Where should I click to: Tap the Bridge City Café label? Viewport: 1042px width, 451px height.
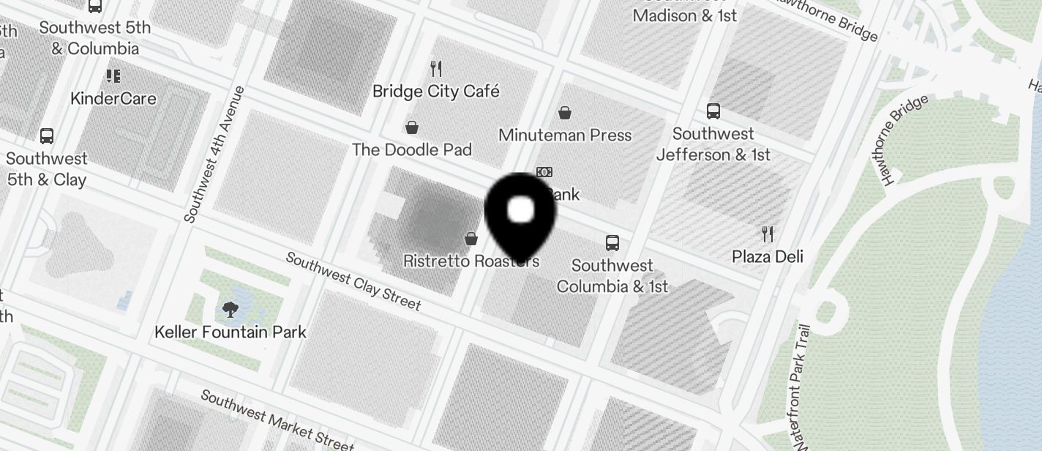[x=435, y=92]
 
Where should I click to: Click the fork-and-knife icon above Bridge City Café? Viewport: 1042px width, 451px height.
[x=436, y=69]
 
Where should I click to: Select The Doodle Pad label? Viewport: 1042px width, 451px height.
[x=411, y=149]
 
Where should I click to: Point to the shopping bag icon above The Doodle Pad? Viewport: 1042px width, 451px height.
[x=412, y=127]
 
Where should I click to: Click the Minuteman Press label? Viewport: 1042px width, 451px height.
[x=564, y=135]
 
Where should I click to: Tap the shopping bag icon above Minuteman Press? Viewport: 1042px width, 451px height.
[x=564, y=113]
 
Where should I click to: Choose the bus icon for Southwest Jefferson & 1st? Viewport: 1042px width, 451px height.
[x=713, y=111]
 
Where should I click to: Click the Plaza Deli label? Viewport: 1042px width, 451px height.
[x=768, y=256]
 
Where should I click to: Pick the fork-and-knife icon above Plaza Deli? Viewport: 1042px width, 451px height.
[x=768, y=234]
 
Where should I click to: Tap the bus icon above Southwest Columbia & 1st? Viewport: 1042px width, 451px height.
[x=612, y=243]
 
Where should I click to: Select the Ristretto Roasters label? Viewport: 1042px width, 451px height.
[x=471, y=261]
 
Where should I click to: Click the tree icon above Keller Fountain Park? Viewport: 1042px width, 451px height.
[x=230, y=310]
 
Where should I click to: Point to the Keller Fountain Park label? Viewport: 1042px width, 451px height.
[x=230, y=332]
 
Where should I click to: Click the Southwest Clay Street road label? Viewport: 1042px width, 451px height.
[x=353, y=281]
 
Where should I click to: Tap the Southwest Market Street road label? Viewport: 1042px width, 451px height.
[x=277, y=420]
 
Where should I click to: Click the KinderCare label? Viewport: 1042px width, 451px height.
[x=113, y=98]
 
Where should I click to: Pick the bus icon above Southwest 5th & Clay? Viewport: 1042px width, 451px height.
[x=47, y=136]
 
